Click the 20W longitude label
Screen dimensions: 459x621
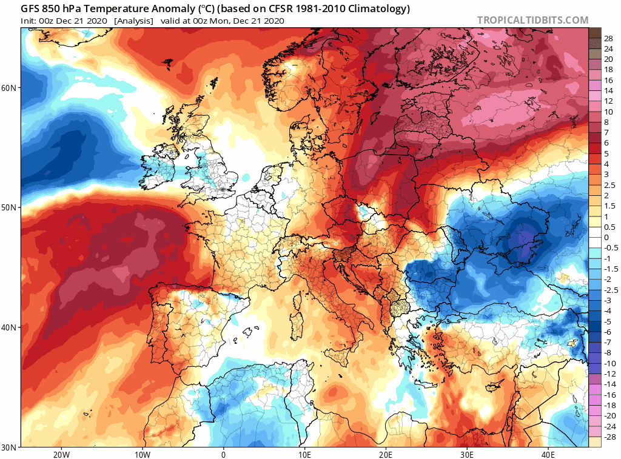[x=61, y=454]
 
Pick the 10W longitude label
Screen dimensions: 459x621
[x=142, y=454]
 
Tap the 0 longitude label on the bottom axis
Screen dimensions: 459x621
[x=223, y=454]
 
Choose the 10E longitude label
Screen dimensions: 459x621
[x=304, y=454]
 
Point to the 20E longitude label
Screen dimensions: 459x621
[x=386, y=454]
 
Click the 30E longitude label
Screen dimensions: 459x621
[x=467, y=454]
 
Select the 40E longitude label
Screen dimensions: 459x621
[x=548, y=454]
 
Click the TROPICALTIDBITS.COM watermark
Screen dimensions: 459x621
[x=532, y=20]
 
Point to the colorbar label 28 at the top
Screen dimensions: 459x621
[x=608, y=38]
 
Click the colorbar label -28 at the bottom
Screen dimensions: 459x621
[x=608, y=437]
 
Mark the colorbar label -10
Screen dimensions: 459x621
[x=608, y=363]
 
